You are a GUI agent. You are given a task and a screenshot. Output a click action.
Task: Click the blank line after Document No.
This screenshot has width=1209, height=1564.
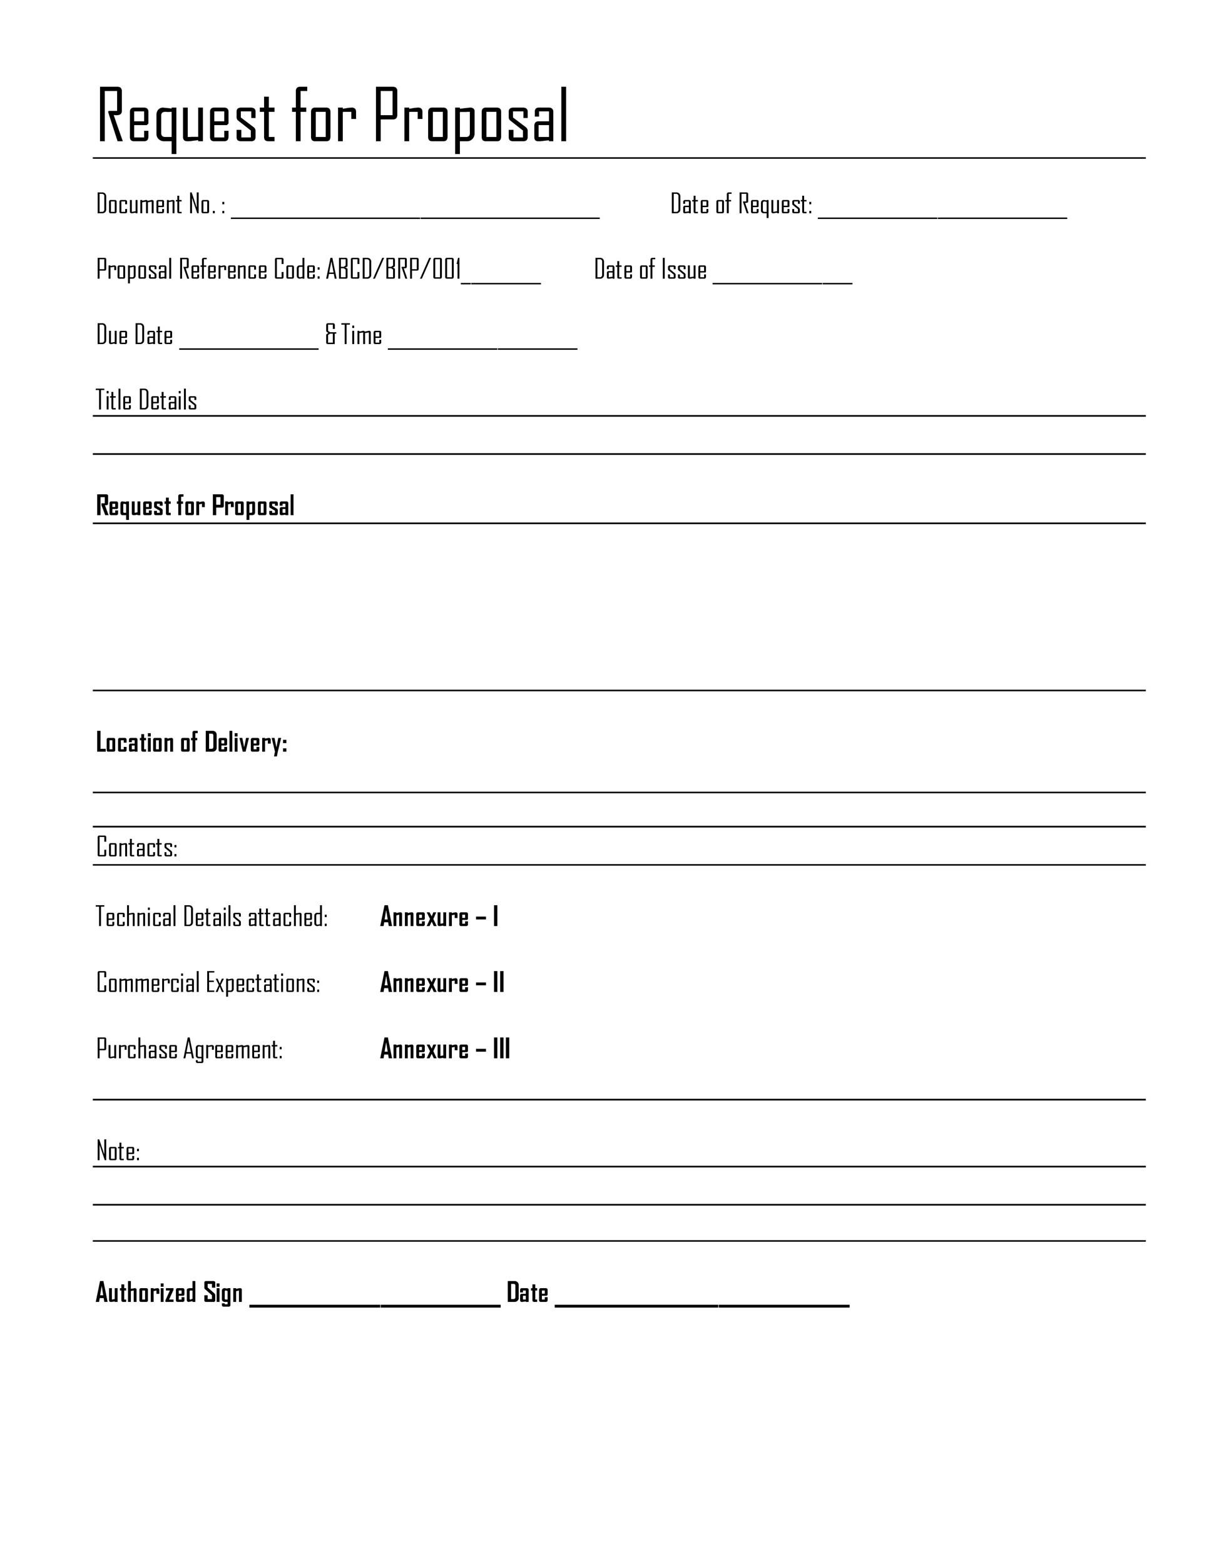[x=415, y=212]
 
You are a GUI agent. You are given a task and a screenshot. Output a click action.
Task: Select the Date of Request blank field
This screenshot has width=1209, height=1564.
[x=942, y=212]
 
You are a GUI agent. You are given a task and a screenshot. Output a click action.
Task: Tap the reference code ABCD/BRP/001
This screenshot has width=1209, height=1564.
[x=392, y=270]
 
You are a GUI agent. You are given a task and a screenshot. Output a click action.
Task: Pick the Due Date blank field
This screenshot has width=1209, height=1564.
[x=248, y=343]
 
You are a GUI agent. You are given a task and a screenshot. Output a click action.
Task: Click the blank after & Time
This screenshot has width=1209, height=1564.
[x=482, y=343]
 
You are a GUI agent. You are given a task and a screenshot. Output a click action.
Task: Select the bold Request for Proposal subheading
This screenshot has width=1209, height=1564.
[x=195, y=506]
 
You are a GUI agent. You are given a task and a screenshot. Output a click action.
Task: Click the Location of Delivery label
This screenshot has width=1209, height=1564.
[x=191, y=743]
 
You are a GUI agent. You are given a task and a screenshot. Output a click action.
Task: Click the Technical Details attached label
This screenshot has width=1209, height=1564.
[x=212, y=917]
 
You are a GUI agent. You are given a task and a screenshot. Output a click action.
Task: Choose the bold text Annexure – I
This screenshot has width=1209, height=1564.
[x=439, y=917]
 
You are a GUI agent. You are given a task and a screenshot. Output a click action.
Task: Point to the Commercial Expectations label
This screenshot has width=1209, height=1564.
[x=208, y=983]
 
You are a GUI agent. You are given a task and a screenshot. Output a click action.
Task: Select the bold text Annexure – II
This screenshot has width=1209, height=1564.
[x=442, y=983]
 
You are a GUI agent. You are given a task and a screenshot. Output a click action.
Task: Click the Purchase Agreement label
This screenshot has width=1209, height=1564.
[x=189, y=1049]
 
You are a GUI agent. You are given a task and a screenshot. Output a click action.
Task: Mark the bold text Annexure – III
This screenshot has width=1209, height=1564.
[x=445, y=1049]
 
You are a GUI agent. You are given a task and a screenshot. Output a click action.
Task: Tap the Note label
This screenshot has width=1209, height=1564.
[x=118, y=1151]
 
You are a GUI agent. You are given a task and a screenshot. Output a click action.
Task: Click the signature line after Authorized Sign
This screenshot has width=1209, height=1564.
[x=375, y=1301]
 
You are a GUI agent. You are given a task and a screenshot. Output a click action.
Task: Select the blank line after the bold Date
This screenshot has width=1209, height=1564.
[x=702, y=1301]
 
